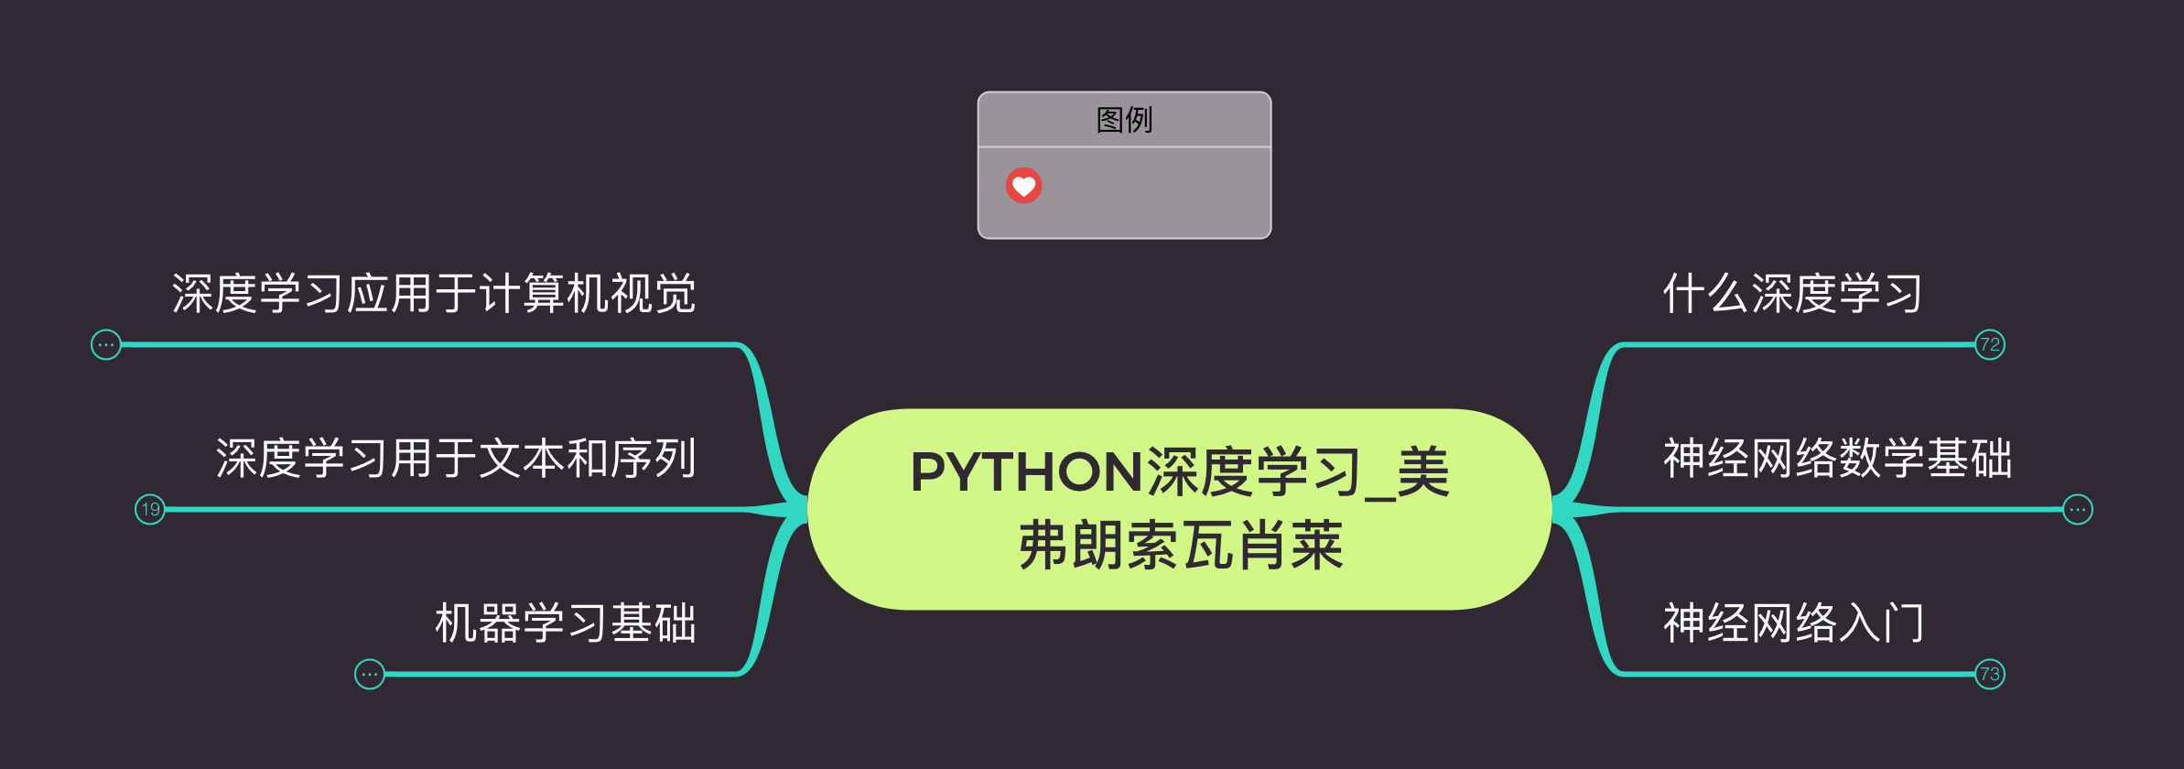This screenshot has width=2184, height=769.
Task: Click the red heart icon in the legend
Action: pyautogui.click(x=1023, y=186)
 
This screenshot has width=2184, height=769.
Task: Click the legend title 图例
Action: pyautogui.click(x=1124, y=120)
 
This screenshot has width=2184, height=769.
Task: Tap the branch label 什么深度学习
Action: pyautogui.click(x=1792, y=294)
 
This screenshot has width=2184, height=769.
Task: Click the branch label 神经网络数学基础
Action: pyautogui.click(x=1837, y=459)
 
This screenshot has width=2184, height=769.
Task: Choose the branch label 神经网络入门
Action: pyautogui.click(x=1792, y=623)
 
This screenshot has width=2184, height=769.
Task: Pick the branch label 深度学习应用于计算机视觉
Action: pyautogui.click(x=434, y=294)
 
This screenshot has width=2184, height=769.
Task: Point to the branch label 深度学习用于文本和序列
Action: pyautogui.click(x=456, y=459)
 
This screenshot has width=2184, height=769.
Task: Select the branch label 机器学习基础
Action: pyautogui.click(x=566, y=623)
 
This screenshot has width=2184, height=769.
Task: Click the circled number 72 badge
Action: pyautogui.click(x=1989, y=345)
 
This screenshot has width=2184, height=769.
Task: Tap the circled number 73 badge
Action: pyautogui.click(x=1989, y=675)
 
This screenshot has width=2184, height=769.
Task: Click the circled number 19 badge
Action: pyautogui.click(x=150, y=509)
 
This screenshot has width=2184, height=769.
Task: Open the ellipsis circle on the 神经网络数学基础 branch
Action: pyautogui.click(x=2077, y=509)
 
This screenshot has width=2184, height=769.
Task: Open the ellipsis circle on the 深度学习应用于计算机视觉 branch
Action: pyautogui.click(x=106, y=345)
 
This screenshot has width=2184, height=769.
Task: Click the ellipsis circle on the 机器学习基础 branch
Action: pyautogui.click(x=370, y=675)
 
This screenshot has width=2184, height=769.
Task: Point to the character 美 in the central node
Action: pyautogui.click(x=1423, y=472)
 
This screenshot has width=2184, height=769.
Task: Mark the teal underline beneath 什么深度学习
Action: pyautogui.click(x=1794, y=345)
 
